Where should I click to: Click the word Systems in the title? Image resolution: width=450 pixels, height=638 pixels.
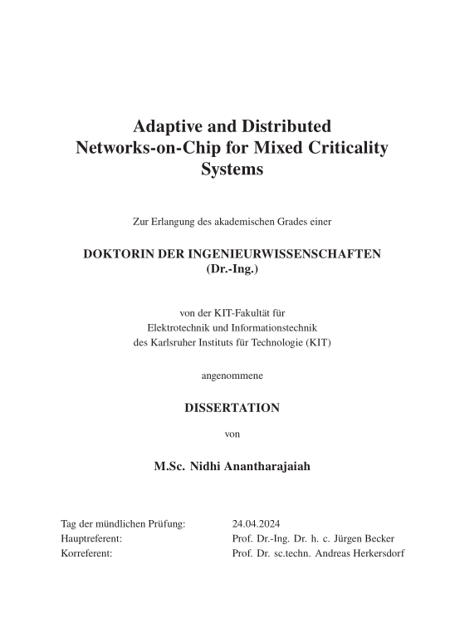232,170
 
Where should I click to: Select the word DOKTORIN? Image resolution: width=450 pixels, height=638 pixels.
122,254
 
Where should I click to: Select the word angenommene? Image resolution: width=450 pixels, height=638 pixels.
232,376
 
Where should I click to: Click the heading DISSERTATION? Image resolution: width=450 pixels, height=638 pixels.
232,408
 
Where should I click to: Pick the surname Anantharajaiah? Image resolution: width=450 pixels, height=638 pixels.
268,467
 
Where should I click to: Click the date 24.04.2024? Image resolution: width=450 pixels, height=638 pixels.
257,524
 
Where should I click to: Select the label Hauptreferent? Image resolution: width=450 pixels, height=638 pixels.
92,539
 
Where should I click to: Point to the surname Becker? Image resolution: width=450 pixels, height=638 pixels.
377,539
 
